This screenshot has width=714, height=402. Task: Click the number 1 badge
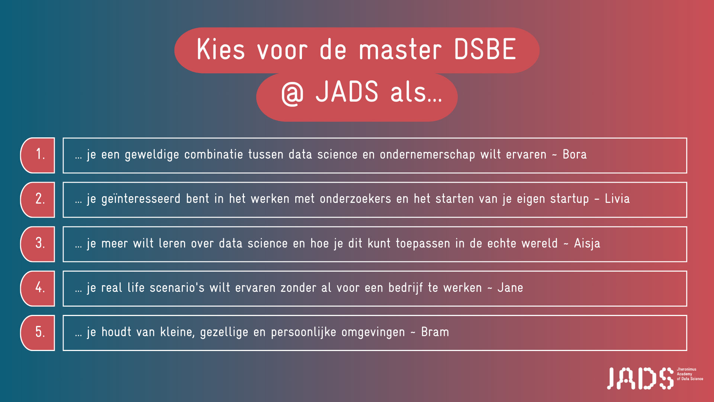[x=38, y=155]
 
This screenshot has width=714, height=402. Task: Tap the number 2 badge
[x=38, y=200]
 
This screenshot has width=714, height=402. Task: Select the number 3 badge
[x=38, y=244]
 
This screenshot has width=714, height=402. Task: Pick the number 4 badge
[x=38, y=288]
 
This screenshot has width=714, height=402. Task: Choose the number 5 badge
[x=38, y=333]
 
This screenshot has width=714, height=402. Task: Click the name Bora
[x=575, y=154]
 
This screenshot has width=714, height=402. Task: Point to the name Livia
[x=617, y=198]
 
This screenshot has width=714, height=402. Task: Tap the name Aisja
[x=587, y=243]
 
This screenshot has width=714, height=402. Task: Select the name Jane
[x=510, y=288]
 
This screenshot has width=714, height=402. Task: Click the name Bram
[x=435, y=332]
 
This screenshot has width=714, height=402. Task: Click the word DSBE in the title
[x=485, y=49]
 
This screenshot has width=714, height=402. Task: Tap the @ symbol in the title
[x=292, y=93]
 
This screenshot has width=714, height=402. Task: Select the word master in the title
[x=400, y=50]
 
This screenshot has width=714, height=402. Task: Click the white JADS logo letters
[x=640, y=379]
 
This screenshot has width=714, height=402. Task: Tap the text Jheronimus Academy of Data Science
[x=690, y=374]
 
